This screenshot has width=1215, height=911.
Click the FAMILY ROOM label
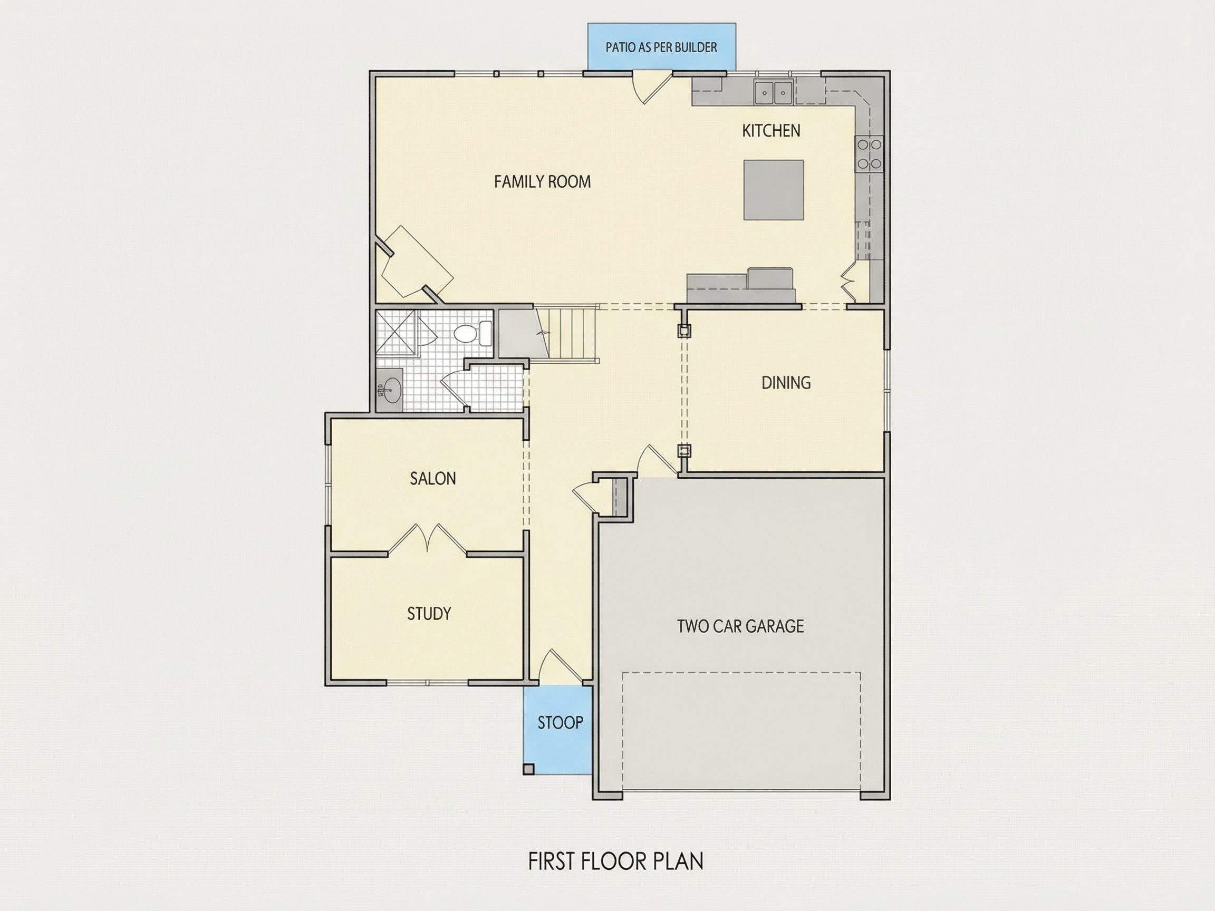pos(542,182)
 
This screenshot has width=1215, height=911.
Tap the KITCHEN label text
pos(770,131)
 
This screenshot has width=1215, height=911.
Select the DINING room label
pos(786,383)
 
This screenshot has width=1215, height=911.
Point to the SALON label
pos(433,478)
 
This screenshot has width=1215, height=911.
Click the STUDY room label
pos(429,613)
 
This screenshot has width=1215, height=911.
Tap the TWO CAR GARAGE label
pos(740,626)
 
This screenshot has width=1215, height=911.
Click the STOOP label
pos(560,723)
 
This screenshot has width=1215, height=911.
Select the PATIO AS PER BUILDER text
pos(661,47)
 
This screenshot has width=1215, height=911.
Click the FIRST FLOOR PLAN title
pos(616,861)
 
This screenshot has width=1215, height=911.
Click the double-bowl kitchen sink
pos(774,92)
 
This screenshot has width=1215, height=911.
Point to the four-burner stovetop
pos(869,154)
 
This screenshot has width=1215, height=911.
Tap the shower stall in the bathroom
pos(396,333)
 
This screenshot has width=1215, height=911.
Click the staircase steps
pos(567,334)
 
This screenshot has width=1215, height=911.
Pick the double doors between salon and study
pos(427,538)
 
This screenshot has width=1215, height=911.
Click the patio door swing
pos(652,88)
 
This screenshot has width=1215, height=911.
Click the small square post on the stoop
pos(528,769)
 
